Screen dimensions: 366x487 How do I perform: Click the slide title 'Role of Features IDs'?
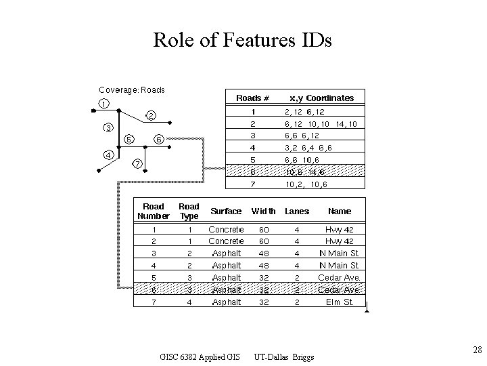(x=243, y=41)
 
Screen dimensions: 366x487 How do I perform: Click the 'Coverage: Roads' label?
(x=132, y=89)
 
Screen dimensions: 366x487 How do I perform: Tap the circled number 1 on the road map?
(x=101, y=103)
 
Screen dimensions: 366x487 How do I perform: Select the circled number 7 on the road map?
(x=137, y=163)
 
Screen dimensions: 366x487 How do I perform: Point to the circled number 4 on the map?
(x=108, y=154)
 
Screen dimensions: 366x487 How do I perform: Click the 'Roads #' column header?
(x=252, y=98)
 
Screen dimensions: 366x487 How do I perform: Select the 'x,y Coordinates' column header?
(x=321, y=98)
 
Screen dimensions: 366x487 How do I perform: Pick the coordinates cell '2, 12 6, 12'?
(x=304, y=111)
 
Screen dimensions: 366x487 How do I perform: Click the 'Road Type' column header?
(x=189, y=211)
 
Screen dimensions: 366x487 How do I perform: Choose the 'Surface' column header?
(x=226, y=211)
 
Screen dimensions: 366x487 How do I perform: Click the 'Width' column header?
(x=263, y=211)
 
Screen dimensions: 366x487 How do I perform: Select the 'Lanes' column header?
(x=296, y=211)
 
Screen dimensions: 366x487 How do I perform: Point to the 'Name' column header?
(x=340, y=211)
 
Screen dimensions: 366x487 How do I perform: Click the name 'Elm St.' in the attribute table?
(x=340, y=302)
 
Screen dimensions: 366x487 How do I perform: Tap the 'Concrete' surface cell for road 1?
(x=226, y=229)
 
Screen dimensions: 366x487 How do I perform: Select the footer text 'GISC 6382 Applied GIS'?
(x=200, y=357)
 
